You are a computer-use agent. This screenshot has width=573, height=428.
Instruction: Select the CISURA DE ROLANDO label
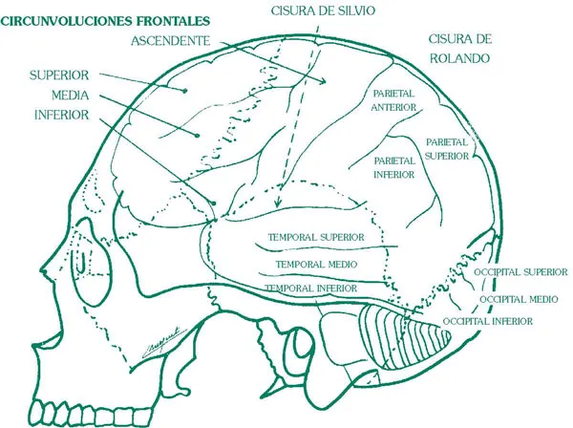click(x=460, y=49)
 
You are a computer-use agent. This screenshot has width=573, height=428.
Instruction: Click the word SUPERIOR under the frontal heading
click(x=59, y=74)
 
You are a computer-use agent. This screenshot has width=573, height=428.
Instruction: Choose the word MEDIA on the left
click(x=70, y=95)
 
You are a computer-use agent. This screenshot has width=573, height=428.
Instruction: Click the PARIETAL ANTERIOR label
click(x=393, y=101)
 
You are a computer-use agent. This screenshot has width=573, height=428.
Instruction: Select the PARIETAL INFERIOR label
click(x=393, y=168)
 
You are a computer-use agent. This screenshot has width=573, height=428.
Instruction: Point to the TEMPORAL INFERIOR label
click(x=311, y=288)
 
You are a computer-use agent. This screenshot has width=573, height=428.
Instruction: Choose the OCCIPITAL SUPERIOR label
click(x=521, y=271)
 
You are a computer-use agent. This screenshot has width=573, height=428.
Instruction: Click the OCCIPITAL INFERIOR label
click(x=496, y=322)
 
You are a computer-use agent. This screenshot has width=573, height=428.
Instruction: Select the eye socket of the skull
click(x=88, y=269)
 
